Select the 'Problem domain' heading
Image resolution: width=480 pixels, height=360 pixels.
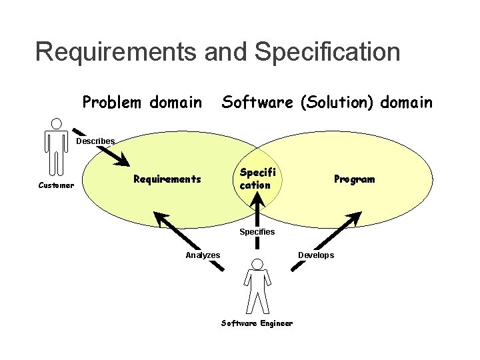[141, 103]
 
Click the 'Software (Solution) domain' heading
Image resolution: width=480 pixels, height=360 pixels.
[327, 103]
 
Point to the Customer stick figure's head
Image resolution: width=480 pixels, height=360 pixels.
[57, 123]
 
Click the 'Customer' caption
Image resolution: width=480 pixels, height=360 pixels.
[56, 185]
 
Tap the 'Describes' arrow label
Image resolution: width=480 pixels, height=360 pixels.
[95, 141]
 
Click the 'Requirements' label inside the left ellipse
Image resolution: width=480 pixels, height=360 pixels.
[167, 179]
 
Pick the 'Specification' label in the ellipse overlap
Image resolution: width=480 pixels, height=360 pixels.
[256, 179]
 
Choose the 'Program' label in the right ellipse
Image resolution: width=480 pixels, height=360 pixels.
[354, 179]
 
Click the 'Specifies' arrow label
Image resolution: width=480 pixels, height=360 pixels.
[257, 231]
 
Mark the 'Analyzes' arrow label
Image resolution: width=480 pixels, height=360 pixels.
[203, 255]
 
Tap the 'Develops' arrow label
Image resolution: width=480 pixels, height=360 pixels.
[316, 255]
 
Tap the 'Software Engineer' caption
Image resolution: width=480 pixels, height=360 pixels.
[257, 323]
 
